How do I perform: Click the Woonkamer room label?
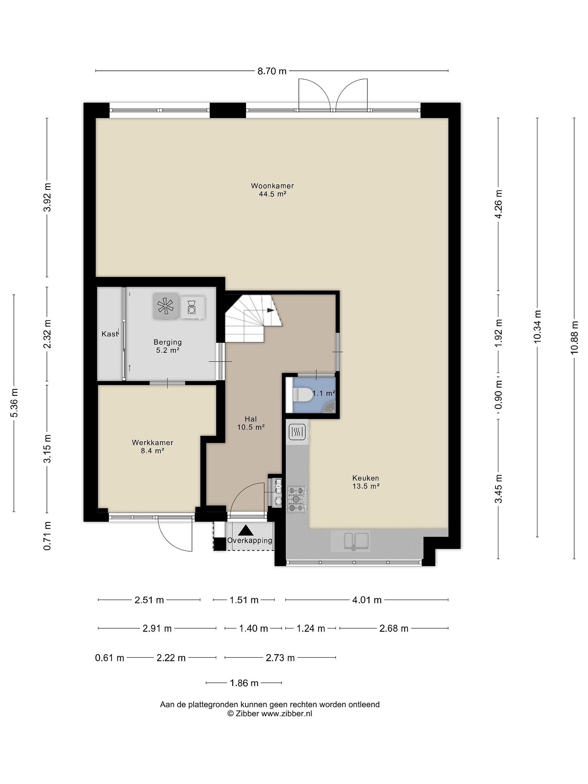click(x=272, y=186)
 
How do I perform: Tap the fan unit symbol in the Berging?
click(x=166, y=305)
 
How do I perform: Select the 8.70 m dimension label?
click(x=272, y=71)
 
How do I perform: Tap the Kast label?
click(x=109, y=333)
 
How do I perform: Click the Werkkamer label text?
click(x=152, y=442)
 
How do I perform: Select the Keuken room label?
click(x=365, y=478)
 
